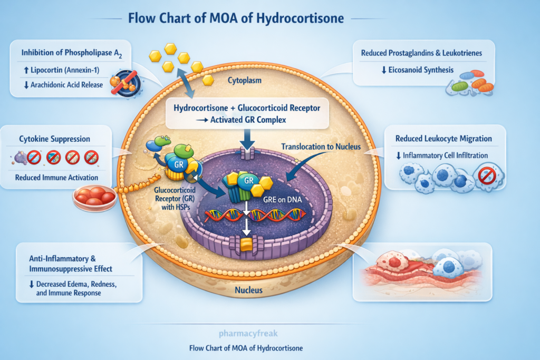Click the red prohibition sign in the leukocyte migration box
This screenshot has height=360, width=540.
(x=486, y=176)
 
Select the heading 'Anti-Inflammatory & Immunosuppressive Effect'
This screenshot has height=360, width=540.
(x=71, y=264)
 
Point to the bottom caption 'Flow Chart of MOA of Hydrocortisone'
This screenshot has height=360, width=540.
(x=246, y=348)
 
